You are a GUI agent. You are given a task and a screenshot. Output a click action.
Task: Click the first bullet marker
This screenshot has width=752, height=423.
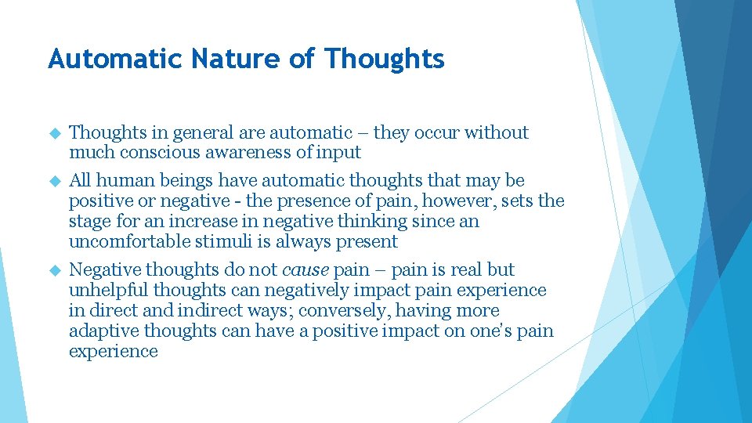pyautogui.click(x=55, y=134)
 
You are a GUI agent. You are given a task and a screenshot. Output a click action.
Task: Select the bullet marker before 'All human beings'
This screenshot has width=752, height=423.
pyautogui.click(x=55, y=181)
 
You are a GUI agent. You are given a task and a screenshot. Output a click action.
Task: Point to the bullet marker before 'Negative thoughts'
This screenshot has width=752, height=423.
pyautogui.click(x=55, y=270)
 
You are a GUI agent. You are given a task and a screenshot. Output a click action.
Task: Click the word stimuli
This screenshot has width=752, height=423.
pyautogui.click(x=214, y=242)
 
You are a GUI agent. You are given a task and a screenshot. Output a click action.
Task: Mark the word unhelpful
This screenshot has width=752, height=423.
pyautogui.click(x=103, y=291)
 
